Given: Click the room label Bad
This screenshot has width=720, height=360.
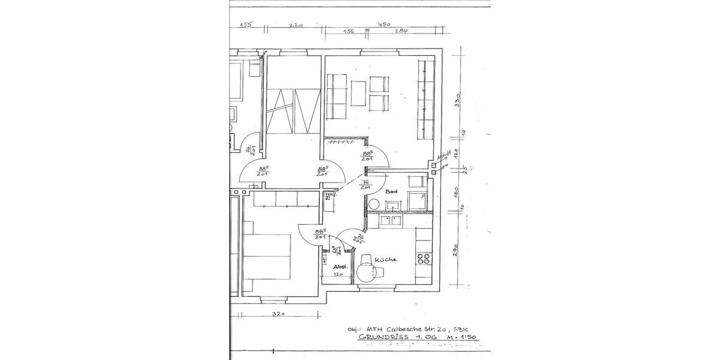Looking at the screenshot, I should [392, 191].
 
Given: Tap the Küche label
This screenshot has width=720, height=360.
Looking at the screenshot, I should [385, 260].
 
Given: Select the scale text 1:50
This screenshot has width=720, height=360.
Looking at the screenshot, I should [467, 338].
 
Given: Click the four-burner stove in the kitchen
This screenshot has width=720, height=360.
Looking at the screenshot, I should [424, 259].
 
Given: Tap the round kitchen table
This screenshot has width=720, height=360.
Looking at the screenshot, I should [367, 273].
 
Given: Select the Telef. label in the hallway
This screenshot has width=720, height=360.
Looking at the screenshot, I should [329, 196].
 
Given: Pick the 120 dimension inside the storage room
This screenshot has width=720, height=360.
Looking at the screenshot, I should [338, 274].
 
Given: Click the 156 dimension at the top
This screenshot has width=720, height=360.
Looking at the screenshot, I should [349, 31].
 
